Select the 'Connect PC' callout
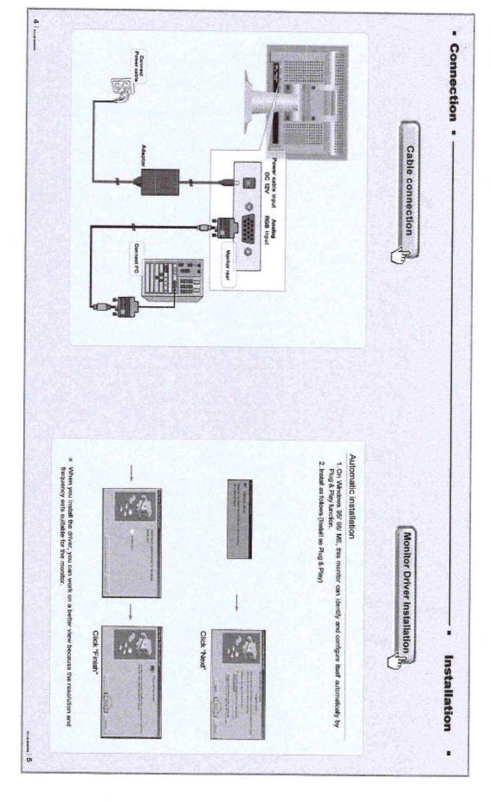pyautogui.click(x=136, y=256)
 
